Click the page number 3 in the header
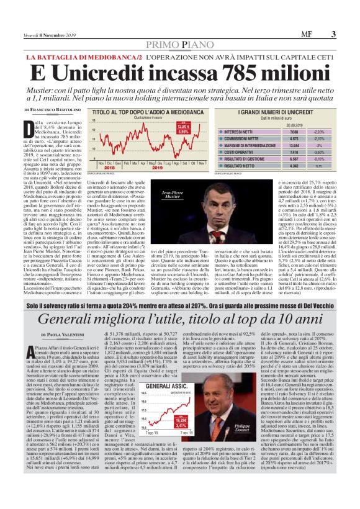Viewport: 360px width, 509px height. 333,34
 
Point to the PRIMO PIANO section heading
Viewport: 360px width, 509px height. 179,44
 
